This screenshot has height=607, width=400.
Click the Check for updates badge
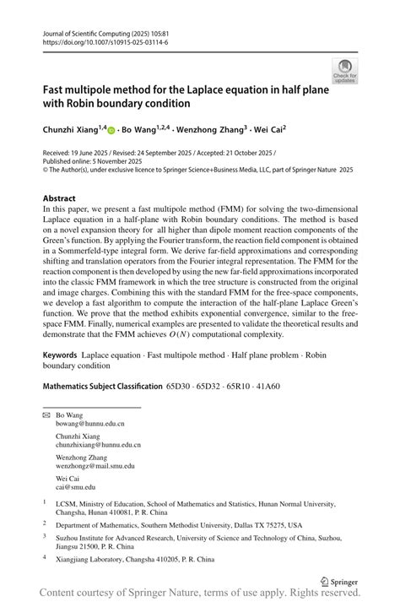tap(344, 70)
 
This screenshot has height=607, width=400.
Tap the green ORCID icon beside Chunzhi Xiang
tap(111, 132)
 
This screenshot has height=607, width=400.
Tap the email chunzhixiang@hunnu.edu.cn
tap(99, 444)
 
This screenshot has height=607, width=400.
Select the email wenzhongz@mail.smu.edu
tap(95, 465)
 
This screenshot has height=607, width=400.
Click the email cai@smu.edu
tap(76, 486)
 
